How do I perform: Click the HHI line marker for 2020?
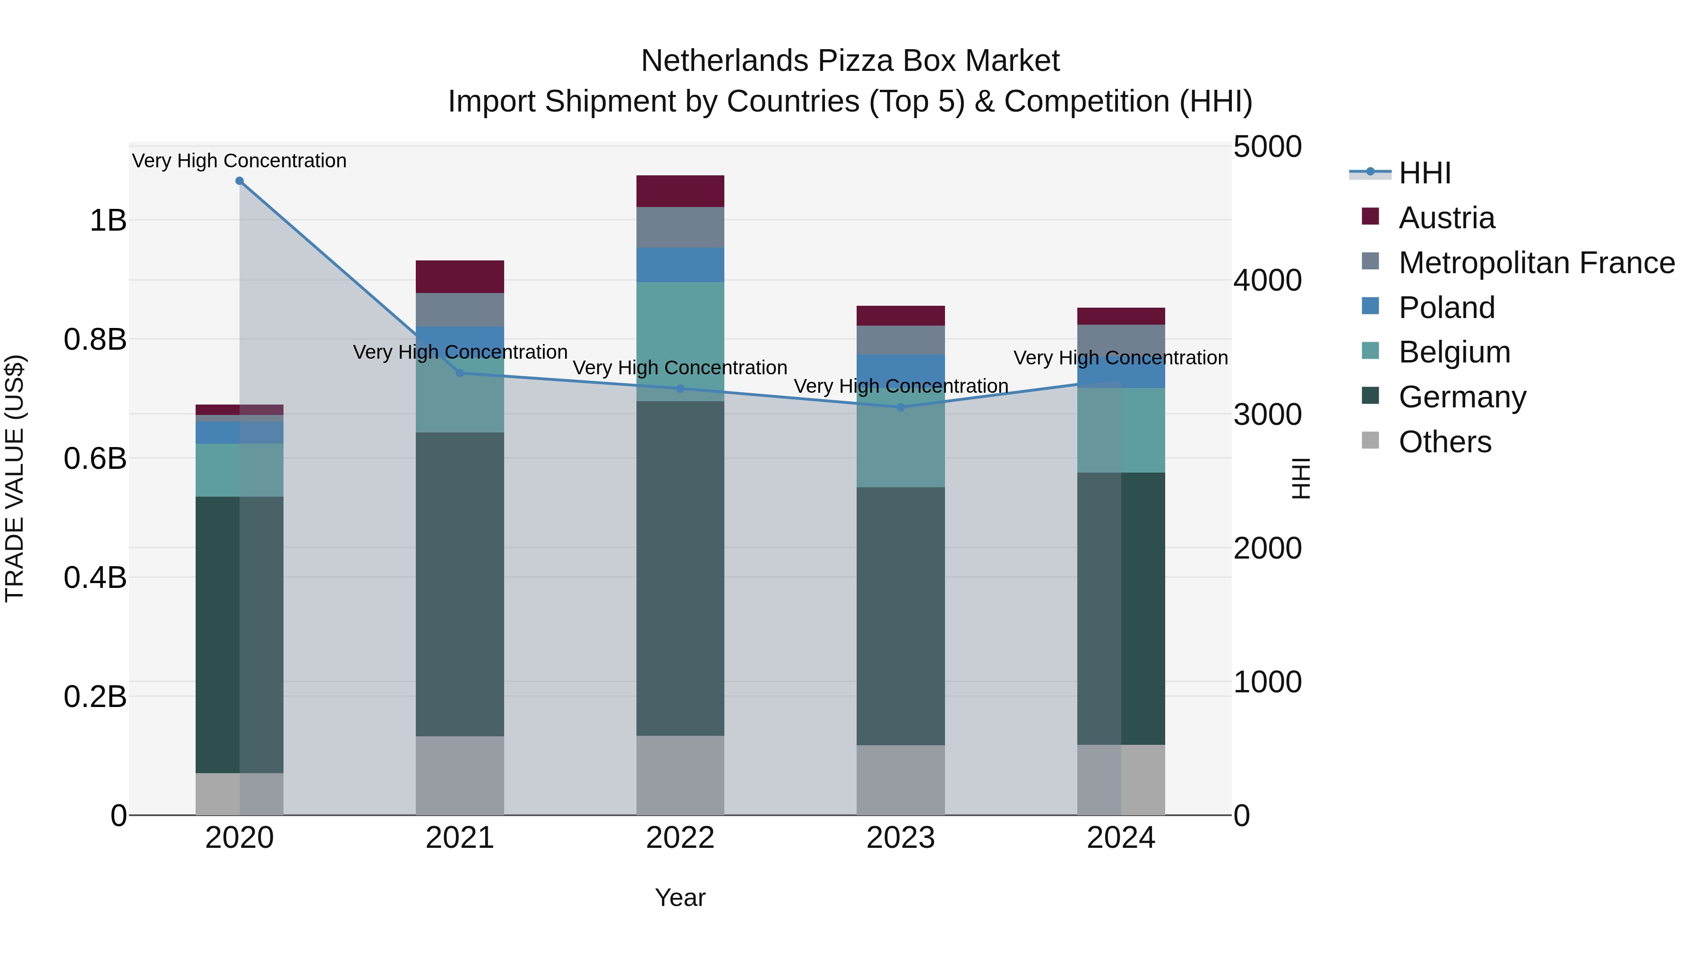coord(240,181)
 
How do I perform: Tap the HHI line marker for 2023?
coord(901,407)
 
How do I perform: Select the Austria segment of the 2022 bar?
coord(680,191)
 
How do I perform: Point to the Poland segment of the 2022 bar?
coord(680,265)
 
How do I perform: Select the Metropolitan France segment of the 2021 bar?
coord(460,310)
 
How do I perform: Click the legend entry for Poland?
coord(1446,308)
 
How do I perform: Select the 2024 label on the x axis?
coord(1121,838)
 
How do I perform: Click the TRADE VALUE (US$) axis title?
coord(15,478)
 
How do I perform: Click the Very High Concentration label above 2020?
coord(239,161)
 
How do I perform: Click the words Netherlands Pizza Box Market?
coord(850,61)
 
